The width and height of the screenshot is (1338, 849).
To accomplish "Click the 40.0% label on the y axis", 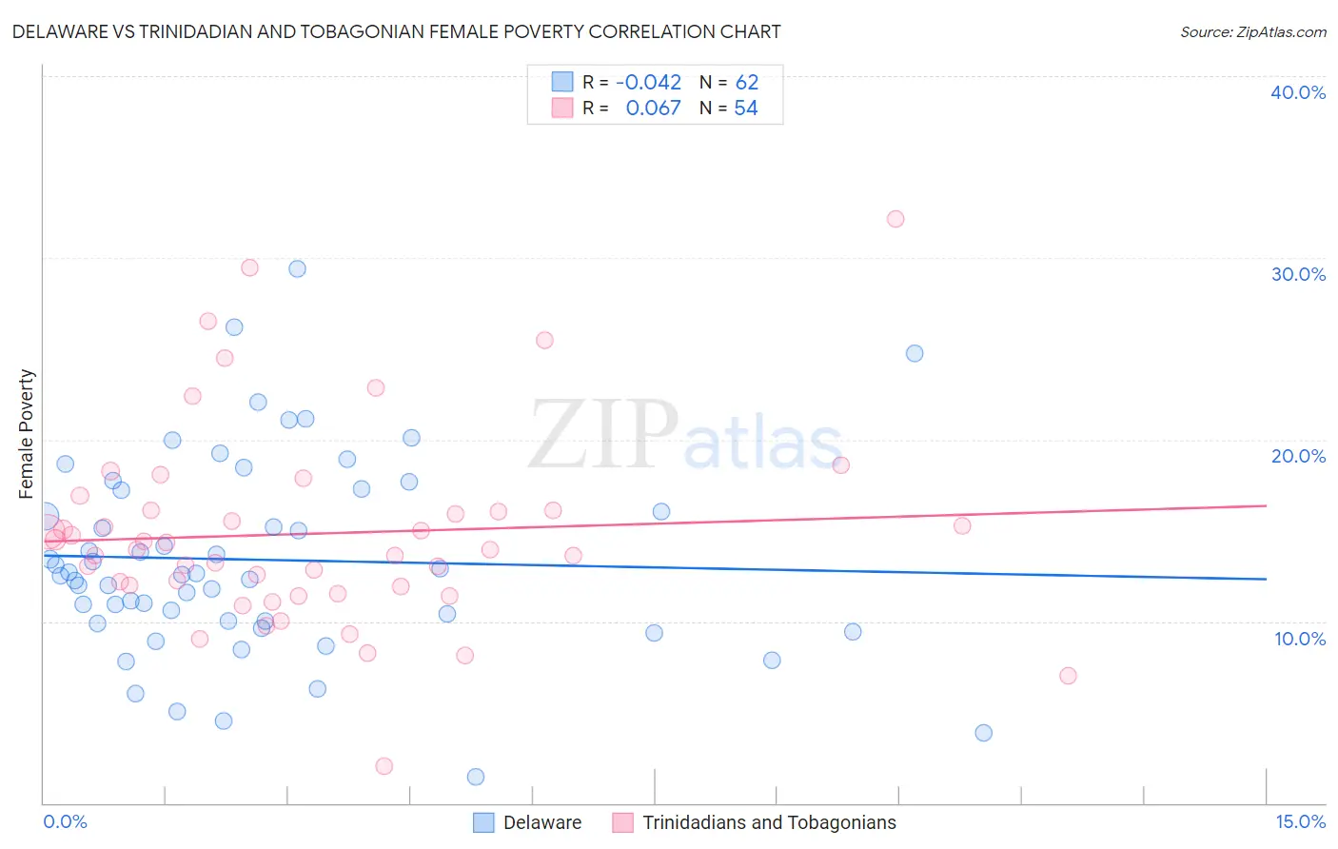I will (1297, 92).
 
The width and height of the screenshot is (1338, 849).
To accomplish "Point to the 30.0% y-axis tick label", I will (1297, 274).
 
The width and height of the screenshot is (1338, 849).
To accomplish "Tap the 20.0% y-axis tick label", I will (1297, 456).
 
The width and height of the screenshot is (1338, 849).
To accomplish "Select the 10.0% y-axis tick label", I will (1299, 639).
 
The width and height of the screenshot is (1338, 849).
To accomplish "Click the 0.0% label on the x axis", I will (65, 821).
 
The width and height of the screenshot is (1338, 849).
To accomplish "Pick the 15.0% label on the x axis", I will (1299, 821).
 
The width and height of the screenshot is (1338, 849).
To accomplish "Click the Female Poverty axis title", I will (27, 434).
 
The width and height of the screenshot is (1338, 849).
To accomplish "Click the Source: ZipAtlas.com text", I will (1252, 31).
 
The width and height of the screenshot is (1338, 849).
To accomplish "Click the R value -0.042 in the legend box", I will (648, 83).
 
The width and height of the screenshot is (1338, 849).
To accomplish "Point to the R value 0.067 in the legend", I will (653, 109).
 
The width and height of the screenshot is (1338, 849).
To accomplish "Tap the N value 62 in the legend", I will (746, 83).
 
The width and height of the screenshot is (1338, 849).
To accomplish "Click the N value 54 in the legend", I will (745, 109).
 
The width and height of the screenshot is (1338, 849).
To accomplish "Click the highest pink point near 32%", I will (895, 219).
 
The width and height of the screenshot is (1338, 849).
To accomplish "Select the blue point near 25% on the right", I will (914, 353).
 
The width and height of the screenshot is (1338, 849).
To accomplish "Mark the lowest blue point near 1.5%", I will (476, 777).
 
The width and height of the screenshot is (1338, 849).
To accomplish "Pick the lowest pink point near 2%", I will (384, 766).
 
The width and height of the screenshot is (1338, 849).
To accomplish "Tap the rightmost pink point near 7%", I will (1067, 676).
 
